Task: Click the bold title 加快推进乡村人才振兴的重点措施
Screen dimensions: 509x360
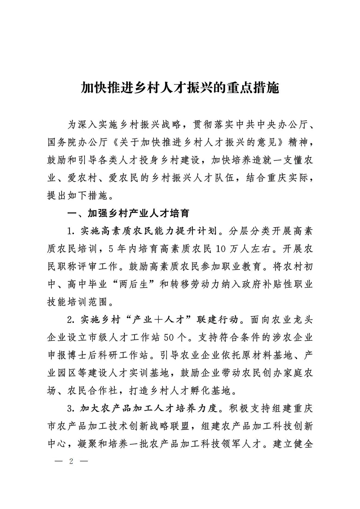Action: coord(180,88)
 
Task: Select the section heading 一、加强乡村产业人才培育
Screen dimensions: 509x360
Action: coord(128,214)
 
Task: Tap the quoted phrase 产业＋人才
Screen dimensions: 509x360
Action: coord(159,320)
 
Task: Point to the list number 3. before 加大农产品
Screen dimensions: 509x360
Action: coord(70,409)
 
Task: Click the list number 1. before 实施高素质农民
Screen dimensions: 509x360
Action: coord(70,231)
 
